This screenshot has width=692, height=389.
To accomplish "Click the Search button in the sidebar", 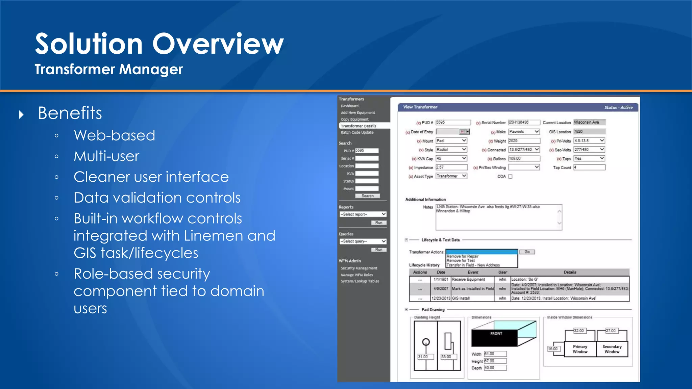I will pos(367,196).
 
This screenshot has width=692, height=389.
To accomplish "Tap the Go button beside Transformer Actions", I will pos(527,252).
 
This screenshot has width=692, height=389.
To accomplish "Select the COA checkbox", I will pos(510,177).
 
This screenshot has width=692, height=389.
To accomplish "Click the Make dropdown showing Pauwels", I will pos(524,132).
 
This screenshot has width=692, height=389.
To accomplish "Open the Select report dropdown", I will pos(363,214).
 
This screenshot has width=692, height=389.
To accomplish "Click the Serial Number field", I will pos(524,123).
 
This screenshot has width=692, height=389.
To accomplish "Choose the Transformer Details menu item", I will pos(359,126).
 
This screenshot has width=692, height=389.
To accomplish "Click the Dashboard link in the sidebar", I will pos(350,106).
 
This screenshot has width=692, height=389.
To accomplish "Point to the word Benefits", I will pos(70,113).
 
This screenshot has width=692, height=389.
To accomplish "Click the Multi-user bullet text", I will pos(106,156).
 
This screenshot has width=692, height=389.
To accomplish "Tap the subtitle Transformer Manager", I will pos(108,69).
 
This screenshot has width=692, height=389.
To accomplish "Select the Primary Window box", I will pos(580,349).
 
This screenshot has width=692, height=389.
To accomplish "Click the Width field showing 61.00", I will pos(495,354).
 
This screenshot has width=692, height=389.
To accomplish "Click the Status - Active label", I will pos(618,107).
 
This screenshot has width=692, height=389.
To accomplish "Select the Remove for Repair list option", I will pos(463,256).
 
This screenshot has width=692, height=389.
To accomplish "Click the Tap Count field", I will pos(589,167).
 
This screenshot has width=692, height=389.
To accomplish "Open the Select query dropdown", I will pos(363,241).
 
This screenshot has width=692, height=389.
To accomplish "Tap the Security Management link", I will pos(359,268).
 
